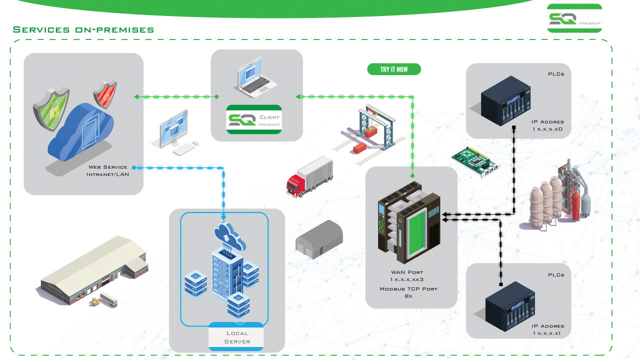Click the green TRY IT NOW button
click(x=394, y=69)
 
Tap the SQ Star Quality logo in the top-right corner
click(x=574, y=18)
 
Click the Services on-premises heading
click(x=83, y=30)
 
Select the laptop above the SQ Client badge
click(x=257, y=79)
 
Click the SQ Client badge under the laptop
click(x=254, y=119)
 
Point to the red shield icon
click(x=105, y=94)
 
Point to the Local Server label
click(x=236, y=337)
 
